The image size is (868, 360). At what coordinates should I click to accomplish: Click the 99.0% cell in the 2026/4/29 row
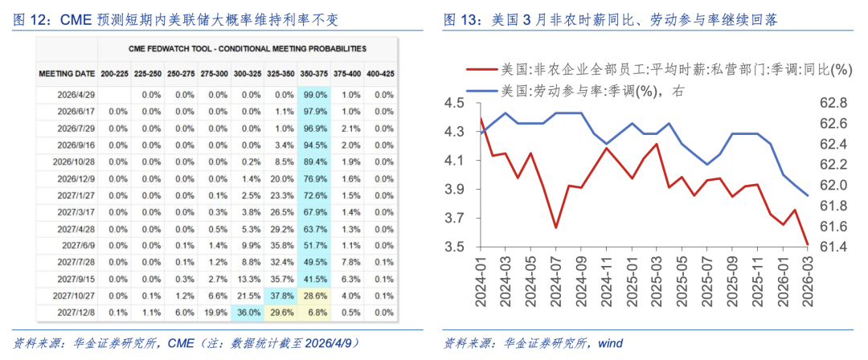[x=314, y=94]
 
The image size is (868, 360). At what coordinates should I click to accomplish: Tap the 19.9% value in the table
[x=214, y=312]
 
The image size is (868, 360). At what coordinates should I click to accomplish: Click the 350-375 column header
[x=313, y=73]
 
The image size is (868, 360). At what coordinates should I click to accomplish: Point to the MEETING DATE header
[x=67, y=73]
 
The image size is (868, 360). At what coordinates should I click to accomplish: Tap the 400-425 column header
[x=379, y=73]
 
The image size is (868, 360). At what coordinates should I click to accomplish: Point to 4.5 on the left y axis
[x=455, y=103]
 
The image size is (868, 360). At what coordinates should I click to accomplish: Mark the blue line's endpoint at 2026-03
[x=808, y=195]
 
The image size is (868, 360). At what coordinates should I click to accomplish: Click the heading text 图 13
[x=463, y=18]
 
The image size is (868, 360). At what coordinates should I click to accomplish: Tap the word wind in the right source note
[x=609, y=343]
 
